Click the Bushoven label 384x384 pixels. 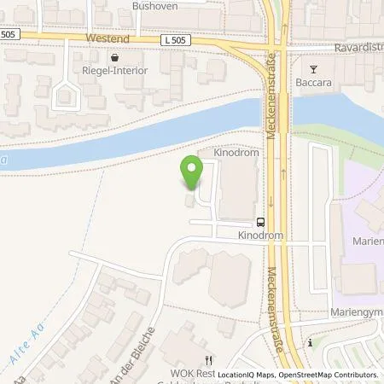point(153,5)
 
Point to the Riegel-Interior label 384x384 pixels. point(114,71)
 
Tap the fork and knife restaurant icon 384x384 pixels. point(207,360)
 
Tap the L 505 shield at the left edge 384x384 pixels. point(9,34)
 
